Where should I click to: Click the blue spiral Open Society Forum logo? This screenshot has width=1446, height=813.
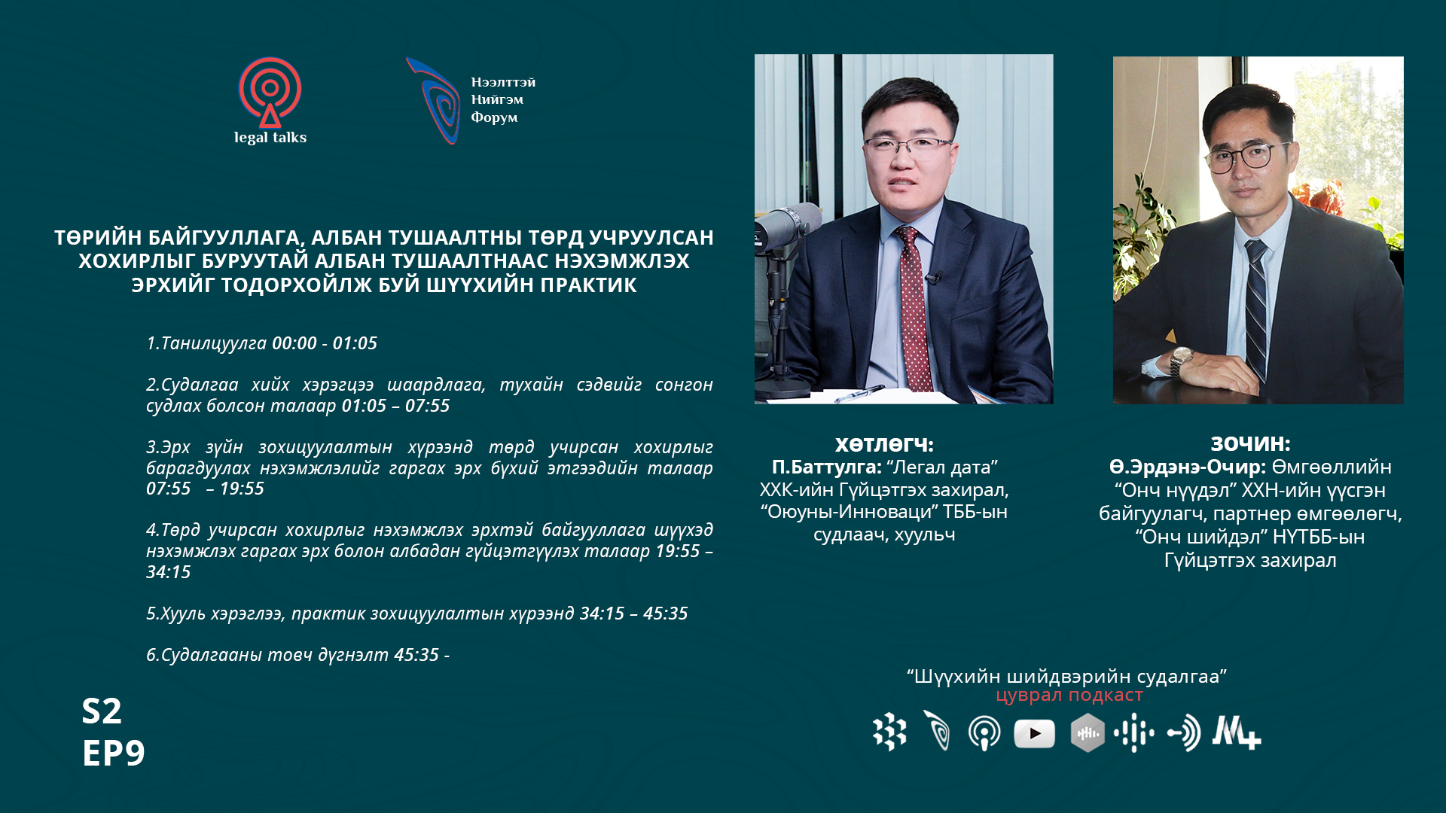tap(435, 101)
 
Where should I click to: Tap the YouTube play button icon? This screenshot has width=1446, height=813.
tap(1034, 733)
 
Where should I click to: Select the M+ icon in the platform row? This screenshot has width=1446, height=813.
tap(1236, 732)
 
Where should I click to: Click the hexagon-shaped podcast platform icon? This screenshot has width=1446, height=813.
tap(1088, 733)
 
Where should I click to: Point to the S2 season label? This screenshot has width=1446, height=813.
tap(102, 711)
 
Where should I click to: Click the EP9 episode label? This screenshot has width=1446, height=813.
tap(113, 753)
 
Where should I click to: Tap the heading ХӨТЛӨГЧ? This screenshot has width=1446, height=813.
tap(884, 444)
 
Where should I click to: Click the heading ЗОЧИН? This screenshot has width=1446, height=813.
tap(1250, 443)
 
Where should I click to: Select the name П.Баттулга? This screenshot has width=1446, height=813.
tap(826, 467)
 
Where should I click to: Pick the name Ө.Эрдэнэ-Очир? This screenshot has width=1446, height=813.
tap(1188, 467)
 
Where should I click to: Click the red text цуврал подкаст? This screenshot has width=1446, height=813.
tap(1069, 695)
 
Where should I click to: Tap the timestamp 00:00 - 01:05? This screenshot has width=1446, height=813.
tap(325, 343)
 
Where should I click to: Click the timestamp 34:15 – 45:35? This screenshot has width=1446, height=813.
tap(633, 614)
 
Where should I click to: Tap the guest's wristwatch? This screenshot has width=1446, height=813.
tap(1179, 362)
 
